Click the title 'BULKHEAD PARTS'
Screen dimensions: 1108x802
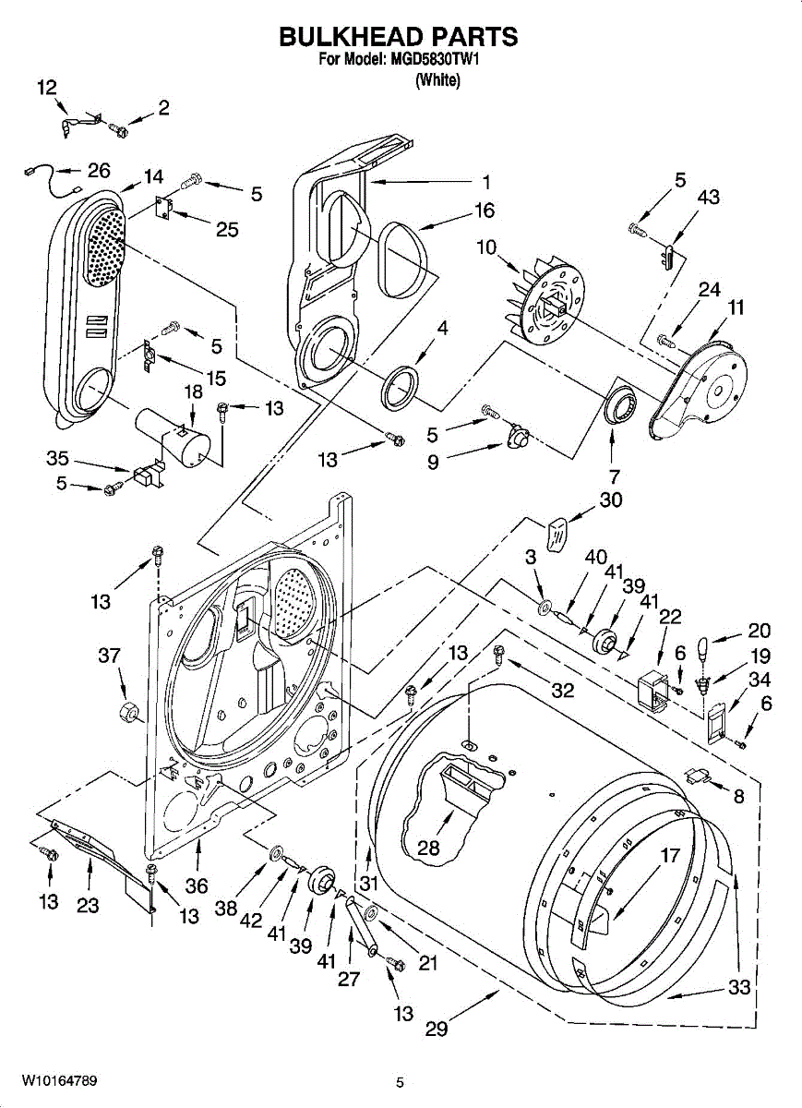click(398, 37)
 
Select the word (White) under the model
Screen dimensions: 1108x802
click(437, 80)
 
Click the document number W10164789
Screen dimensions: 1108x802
click(60, 1079)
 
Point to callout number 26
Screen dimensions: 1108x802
click(98, 170)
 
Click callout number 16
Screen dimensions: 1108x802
click(485, 211)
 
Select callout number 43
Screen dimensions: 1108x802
click(709, 198)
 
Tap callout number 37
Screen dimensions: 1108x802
click(109, 656)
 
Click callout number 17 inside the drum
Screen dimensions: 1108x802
click(670, 855)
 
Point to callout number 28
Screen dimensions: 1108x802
click(428, 848)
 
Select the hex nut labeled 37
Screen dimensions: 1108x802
click(129, 713)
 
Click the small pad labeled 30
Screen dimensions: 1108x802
click(556, 534)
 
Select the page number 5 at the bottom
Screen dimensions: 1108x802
click(400, 1082)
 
